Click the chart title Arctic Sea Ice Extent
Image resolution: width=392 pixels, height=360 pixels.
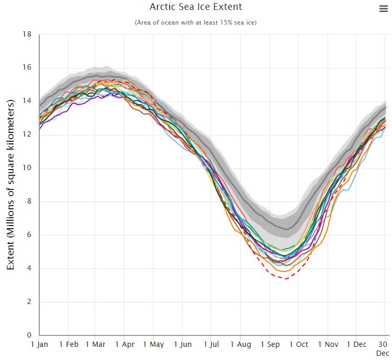tap(196, 7)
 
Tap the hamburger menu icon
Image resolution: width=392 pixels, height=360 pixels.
tap(383, 8)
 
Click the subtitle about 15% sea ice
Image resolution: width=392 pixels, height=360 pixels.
tap(196, 22)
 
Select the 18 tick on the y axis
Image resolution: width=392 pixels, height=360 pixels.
tap(27, 35)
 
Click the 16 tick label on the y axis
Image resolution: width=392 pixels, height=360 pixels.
tap(27, 68)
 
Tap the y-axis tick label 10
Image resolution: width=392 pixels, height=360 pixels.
tap(27, 168)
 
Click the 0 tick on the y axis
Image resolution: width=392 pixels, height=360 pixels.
tap(29, 335)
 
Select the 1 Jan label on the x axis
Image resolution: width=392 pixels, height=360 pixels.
tap(40, 345)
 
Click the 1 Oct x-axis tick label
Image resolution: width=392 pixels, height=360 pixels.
tap(298, 345)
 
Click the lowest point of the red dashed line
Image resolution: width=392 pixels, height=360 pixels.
tap(285, 278)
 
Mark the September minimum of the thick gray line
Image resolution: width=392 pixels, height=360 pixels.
tap(286, 229)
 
